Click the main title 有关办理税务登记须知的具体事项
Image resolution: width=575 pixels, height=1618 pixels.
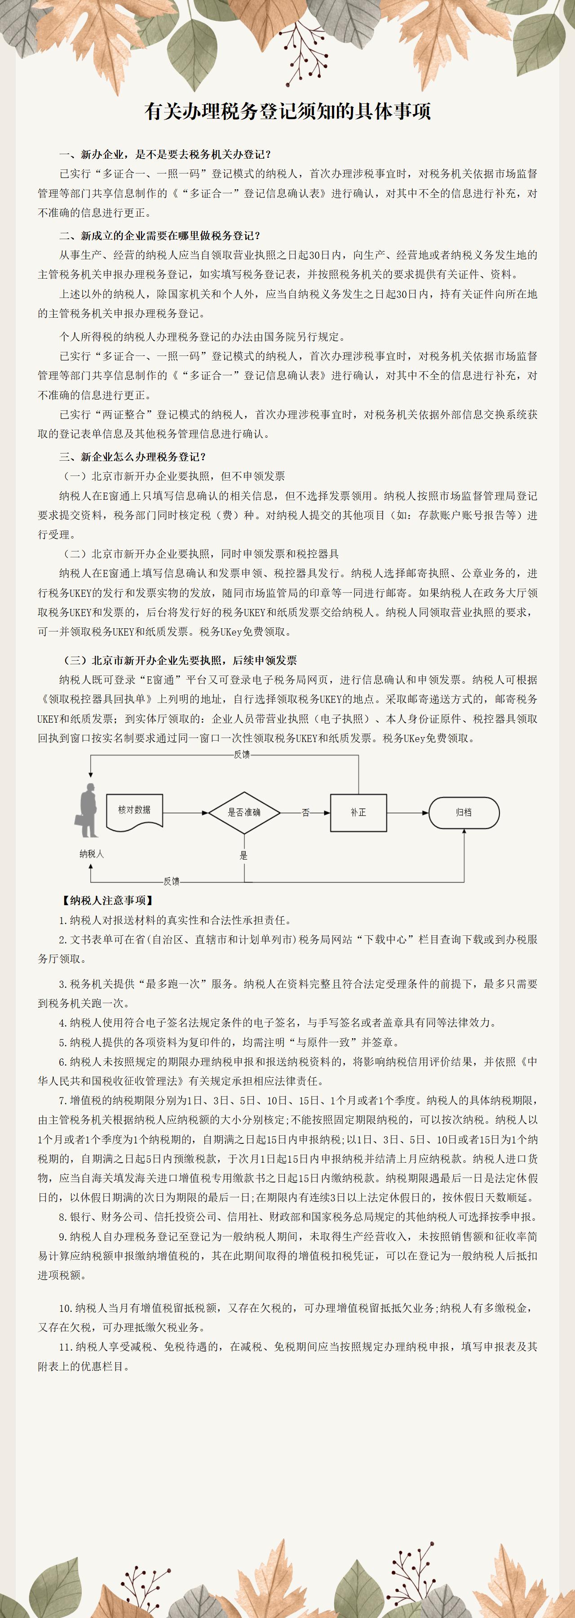pyautogui.click(x=287, y=111)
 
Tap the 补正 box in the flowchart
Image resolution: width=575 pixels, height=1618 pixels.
pyautogui.click(x=358, y=813)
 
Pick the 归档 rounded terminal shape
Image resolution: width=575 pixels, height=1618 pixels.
pyautogui.click(x=464, y=813)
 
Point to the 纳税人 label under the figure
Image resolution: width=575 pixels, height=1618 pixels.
pyautogui.click(x=92, y=853)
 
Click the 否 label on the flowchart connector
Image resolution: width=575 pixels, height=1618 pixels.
pyautogui.click(x=306, y=813)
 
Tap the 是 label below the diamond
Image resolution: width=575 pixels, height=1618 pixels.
pyautogui.click(x=243, y=855)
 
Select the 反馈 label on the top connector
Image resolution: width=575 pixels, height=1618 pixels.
pyautogui.click(x=242, y=754)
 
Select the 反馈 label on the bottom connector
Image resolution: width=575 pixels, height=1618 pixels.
pyautogui.click(x=171, y=881)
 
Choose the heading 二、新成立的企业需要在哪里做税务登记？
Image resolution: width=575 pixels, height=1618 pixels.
pyautogui.click(x=160, y=236)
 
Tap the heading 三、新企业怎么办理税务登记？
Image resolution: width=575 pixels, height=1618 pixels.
pyautogui.click(x=133, y=457)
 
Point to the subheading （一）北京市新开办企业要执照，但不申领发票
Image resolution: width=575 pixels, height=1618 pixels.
pyautogui.click(x=173, y=476)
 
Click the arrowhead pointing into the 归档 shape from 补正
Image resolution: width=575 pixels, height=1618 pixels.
pyautogui.click(x=425, y=813)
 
